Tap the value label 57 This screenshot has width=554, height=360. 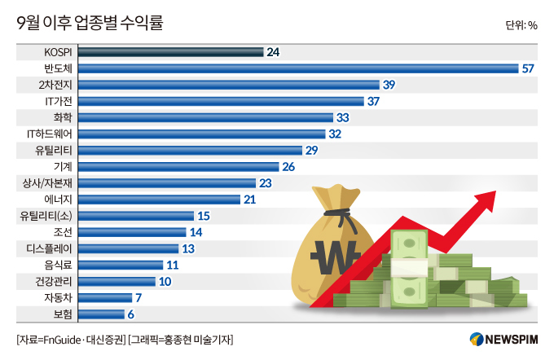click(527, 68)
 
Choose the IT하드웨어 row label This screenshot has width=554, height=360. click(50, 134)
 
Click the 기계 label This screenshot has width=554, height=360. click(63, 166)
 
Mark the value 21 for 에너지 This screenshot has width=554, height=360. click(250, 199)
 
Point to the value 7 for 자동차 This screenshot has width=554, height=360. click(138, 297)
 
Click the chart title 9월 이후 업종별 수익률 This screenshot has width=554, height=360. click(90, 24)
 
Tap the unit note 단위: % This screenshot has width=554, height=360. click(521, 25)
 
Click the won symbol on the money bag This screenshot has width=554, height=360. click(336, 259)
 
